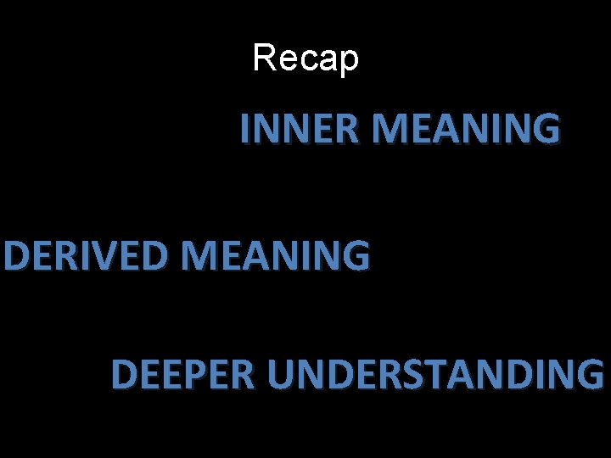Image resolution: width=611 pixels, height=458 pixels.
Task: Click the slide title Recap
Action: pyautogui.click(x=305, y=59)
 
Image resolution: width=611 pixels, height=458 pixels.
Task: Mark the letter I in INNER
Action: pyautogui.click(x=245, y=130)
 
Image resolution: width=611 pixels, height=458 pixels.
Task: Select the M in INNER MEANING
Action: pyautogui.click(x=390, y=130)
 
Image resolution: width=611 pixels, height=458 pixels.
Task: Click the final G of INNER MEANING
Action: pyautogui.click(x=547, y=130)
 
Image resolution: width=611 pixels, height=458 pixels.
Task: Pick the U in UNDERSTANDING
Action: pyautogui.click(x=277, y=374)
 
